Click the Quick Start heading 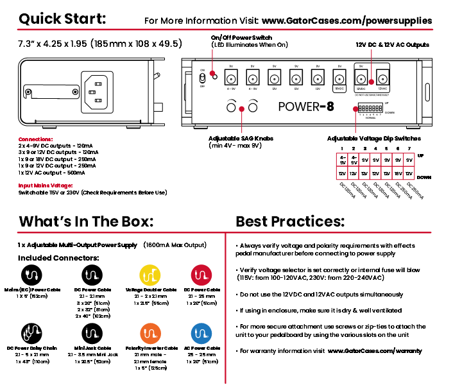[62, 18]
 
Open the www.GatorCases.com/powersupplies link [346, 21]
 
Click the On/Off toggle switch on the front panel [203, 78]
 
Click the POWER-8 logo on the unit [306, 107]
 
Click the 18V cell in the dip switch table [398, 174]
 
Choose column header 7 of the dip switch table [409, 148]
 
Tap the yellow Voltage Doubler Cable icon [151, 275]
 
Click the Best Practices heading [290, 221]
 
